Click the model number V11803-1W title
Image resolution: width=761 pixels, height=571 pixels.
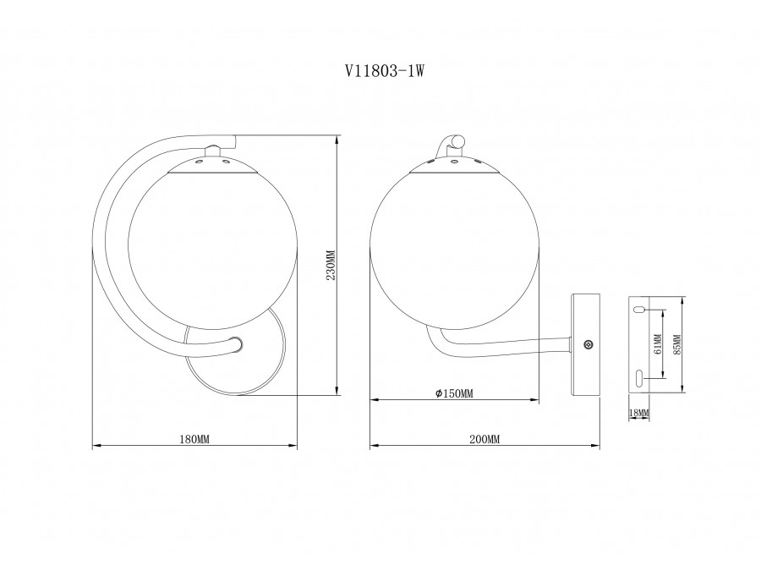tap(385, 71)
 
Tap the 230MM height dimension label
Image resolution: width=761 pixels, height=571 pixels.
tap(331, 265)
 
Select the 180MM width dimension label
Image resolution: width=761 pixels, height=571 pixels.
tap(194, 439)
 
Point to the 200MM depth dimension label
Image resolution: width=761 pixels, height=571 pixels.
tap(485, 439)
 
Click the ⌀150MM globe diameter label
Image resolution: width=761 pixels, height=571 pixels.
tap(454, 393)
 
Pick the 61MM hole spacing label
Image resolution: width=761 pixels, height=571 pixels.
tap(658, 343)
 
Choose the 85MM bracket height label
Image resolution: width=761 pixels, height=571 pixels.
tap(677, 344)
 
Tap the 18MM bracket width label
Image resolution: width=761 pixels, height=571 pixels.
tap(638, 413)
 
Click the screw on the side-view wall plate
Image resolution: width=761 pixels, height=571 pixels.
tap(589, 344)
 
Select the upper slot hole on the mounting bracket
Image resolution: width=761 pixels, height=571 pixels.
tap(638, 309)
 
